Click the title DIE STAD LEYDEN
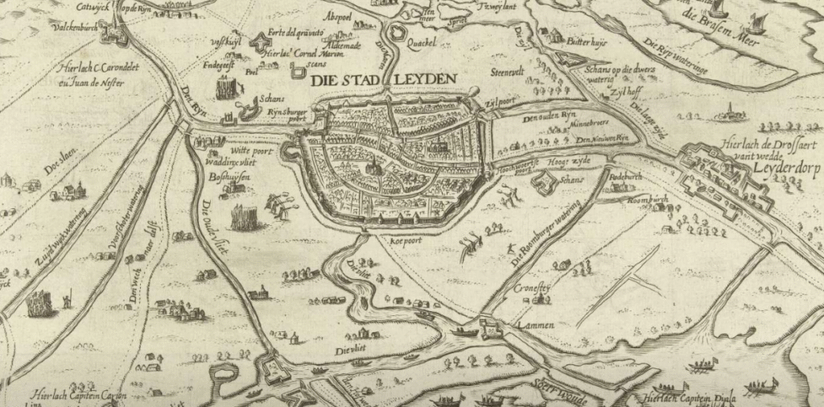point(383,80)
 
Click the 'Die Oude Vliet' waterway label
point(216,228)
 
